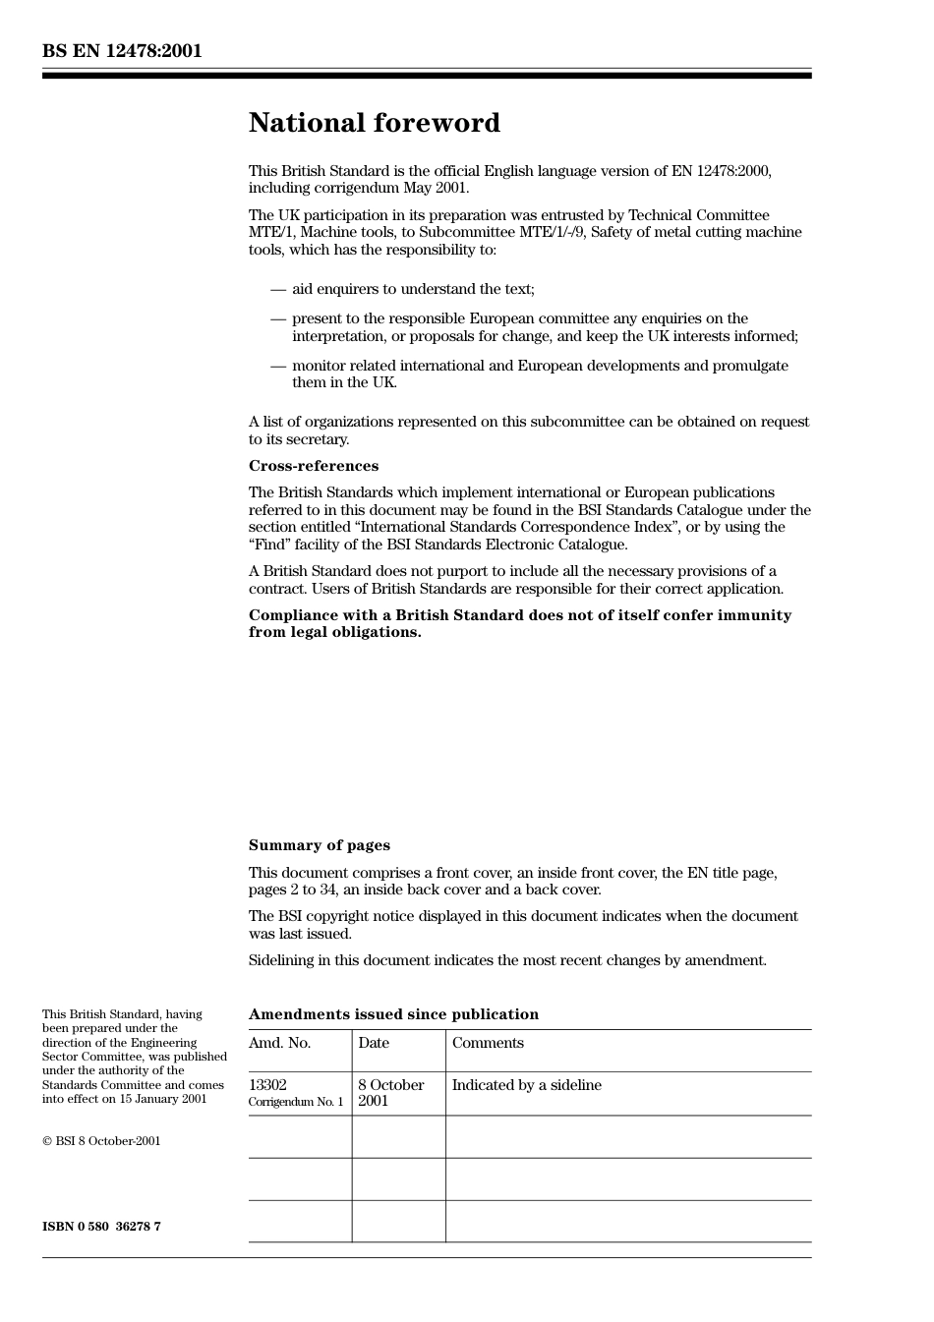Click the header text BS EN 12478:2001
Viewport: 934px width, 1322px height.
(122, 51)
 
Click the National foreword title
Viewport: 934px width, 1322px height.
(374, 123)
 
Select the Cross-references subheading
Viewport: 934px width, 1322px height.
(313, 466)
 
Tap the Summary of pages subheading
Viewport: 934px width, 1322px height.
(319, 845)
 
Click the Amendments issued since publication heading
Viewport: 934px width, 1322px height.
(393, 1014)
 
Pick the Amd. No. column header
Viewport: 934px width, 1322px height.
(279, 1043)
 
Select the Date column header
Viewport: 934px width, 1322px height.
(374, 1043)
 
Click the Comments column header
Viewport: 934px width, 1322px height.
(488, 1043)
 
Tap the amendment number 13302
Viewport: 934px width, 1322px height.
(267, 1085)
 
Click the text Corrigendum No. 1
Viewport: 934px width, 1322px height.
(296, 1102)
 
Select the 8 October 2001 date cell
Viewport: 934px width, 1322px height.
(390, 1093)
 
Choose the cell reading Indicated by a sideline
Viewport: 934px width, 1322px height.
(526, 1085)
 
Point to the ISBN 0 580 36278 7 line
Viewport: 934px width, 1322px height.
(101, 1227)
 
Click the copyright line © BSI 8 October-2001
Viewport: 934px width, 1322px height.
(101, 1141)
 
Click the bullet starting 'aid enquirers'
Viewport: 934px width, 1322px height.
(413, 289)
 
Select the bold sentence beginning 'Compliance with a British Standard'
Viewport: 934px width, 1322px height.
(519, 623)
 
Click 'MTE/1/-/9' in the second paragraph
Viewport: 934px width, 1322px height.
(554, 233)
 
